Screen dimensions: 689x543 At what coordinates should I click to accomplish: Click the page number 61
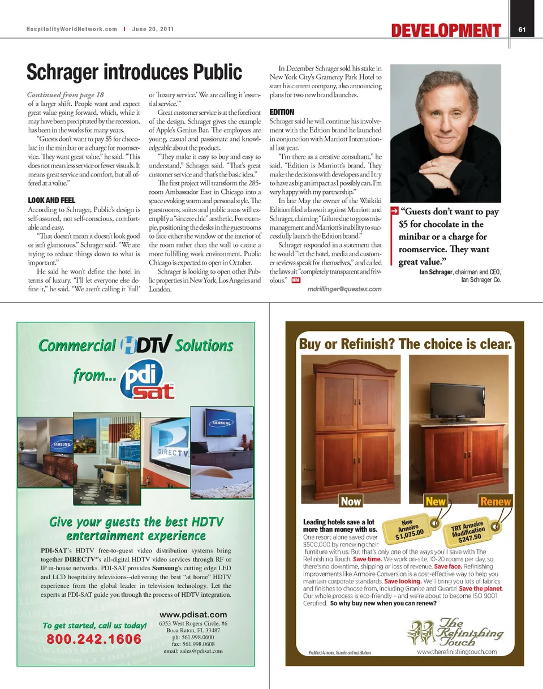coord(522,29)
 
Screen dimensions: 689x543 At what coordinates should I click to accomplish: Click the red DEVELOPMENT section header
coord(446,30)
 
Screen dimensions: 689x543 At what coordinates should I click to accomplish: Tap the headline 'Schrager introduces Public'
coord(135,72)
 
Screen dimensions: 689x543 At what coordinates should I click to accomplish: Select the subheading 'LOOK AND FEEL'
coord(51,200)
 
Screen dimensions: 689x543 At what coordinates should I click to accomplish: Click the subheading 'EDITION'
coord(282,112)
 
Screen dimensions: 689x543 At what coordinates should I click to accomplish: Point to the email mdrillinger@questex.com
coord(344,289)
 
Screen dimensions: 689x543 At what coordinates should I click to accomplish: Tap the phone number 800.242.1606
coord(93,639)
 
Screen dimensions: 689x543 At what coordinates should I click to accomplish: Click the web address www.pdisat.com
coord(193,614)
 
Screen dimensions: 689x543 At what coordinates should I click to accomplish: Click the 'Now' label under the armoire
coord(351,501)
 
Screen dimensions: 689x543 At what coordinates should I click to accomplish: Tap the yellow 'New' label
coord(436,501)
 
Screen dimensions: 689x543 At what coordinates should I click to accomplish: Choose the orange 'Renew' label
coord(495,501)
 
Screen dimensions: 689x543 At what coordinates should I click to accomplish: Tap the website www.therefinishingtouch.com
coord(456,651)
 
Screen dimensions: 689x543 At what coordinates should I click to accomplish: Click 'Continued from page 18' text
coord(66,94)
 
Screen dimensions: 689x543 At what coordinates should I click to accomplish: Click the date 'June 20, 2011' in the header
coord(153,29)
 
